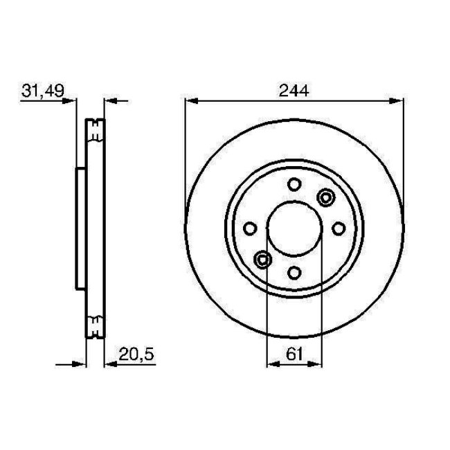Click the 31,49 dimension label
[x=39, y=91]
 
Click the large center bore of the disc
[x=294, y=228]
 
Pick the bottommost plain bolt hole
[x=294, y=272]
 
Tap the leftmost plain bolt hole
[x=251, y=228]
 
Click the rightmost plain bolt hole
[x=339, y=228]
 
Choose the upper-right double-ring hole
[x=325, y=197]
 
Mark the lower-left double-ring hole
[x=262, y=260]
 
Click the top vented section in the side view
[x=95, y=131]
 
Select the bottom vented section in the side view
[x=95, y=326]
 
